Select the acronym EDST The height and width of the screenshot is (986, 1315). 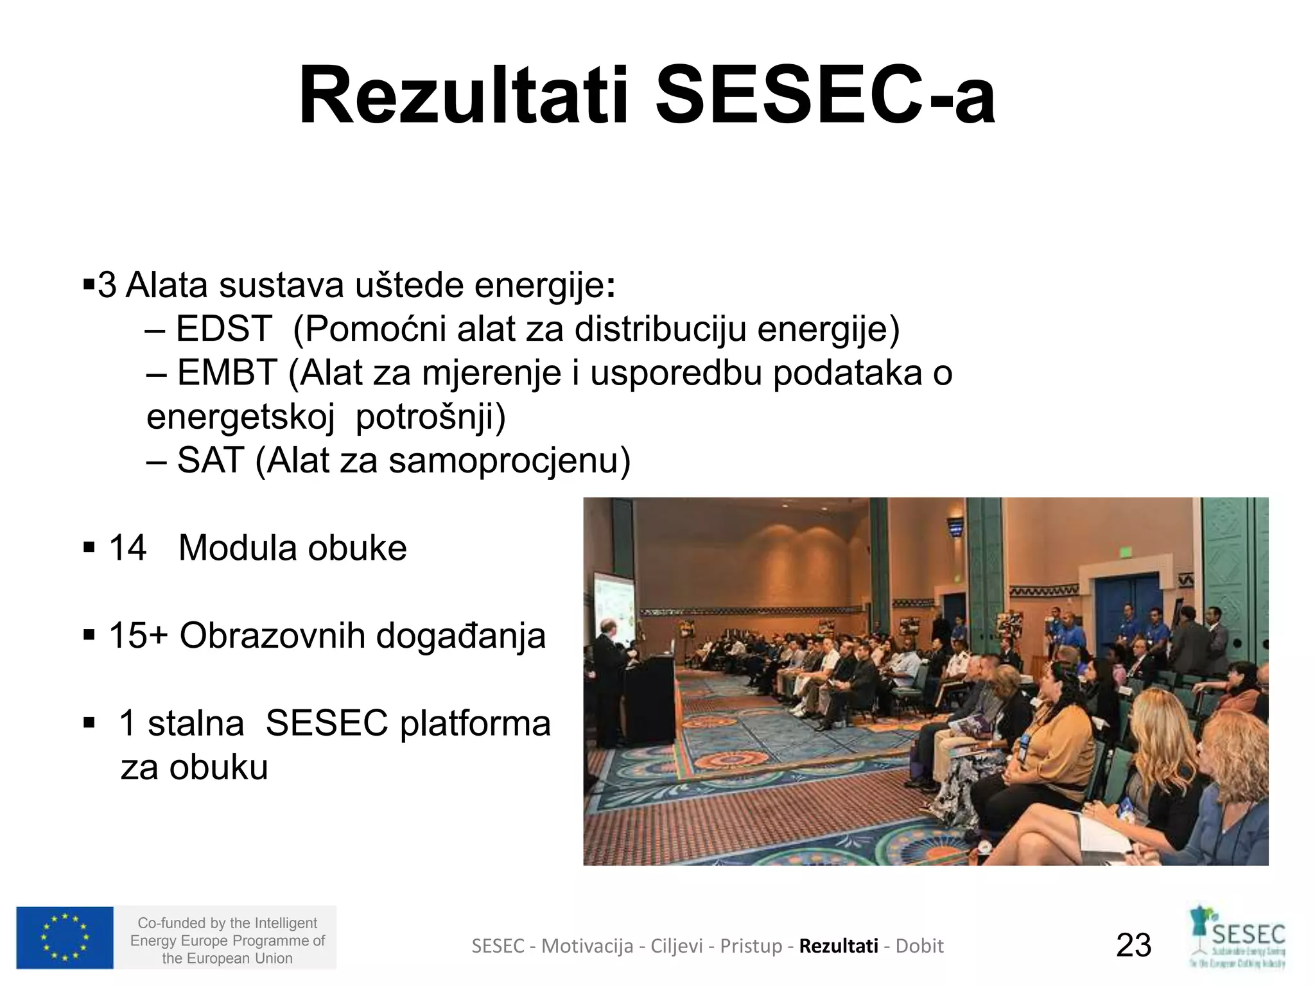pyautogui.click(x=223, y=329)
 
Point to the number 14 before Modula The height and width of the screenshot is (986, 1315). pyautogui.click(x=127, y=548)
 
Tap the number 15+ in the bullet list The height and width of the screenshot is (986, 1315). pyautogui.click(x=137, y=636)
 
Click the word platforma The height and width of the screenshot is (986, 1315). pyautogui.click(x=475, y=723)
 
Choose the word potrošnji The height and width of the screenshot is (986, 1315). pyautogui.click(x=430, y=417)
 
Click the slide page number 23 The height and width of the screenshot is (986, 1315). pyautogui.click(x=1134, y=946)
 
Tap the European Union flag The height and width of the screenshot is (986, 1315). pyautogui.click(x=65, y=938)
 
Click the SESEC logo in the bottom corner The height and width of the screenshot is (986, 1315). pyautogui.click(x=1239, y=937)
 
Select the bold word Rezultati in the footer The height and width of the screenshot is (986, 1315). pyautogui.click(x=839, y=946)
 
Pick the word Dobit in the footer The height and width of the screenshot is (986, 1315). pyautogui.click(x=919, y=946)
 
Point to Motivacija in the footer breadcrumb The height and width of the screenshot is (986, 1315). pyautogui.click(x=587, y=946)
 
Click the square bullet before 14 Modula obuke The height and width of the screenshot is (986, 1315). pyautogui.click(x=89, y=548)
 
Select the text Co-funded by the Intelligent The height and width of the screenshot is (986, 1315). pyautogui.click(x=227, y=923)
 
